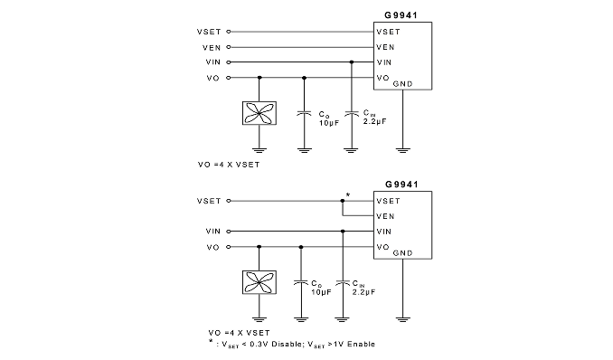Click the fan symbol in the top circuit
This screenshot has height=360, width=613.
(x=259, y=113)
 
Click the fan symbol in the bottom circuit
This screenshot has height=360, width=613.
(x=259, y=282)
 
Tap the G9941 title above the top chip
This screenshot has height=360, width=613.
(x=401, y=15)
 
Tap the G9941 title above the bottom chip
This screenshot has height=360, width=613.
(x=401, y=185)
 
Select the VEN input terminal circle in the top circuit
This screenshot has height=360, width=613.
(x=229, y=47)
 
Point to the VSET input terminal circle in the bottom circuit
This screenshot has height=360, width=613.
(x=229, y=201)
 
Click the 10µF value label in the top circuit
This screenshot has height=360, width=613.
(x=329, y=123)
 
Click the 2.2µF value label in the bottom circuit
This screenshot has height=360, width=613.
(x=363, y=292)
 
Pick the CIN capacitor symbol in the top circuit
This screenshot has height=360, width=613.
(x=352, y=113)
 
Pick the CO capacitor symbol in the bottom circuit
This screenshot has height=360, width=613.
(x=301, y=282)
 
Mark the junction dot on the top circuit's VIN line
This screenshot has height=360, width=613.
(x=352, y=62)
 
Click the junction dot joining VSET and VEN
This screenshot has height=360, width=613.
(x=343, y=201)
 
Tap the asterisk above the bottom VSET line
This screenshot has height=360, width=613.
(x=348, y=194)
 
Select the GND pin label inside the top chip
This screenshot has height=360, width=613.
(x=402, y=84)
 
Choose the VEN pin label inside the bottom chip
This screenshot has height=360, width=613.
(x=385, y=216)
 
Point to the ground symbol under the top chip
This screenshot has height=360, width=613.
(x=402, y=150)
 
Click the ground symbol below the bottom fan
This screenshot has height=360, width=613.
(x=259, y=319)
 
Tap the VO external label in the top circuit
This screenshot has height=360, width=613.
(x=213, y=78)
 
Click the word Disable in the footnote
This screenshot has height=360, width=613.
(x=286, y=344)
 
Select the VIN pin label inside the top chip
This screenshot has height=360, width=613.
(x=384, y=62)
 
